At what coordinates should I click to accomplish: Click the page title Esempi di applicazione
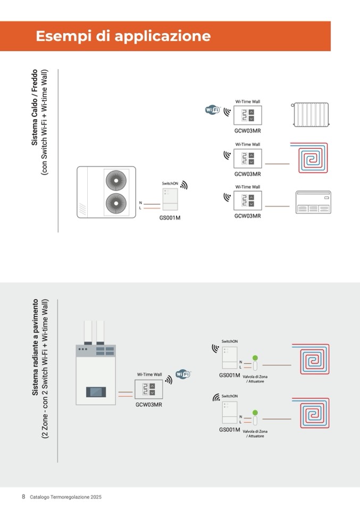(x=123, y=36)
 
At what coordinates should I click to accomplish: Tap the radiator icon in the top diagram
(x=312, y=113)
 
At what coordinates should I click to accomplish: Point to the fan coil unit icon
(x=312, y=202)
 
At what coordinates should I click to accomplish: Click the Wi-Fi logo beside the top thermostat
(x=213, y=110)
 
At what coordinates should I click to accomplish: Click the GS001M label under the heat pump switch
(x=170, y=218)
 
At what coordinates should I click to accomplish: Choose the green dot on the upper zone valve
(x=255, y=357)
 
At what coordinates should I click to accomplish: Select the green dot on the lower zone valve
(x=255, y=412)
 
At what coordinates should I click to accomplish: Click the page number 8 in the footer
(x=23, y=497)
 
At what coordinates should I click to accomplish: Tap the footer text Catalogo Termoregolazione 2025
(x=65, y=497)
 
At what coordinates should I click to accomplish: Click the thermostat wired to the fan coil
(x=248, y=200)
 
